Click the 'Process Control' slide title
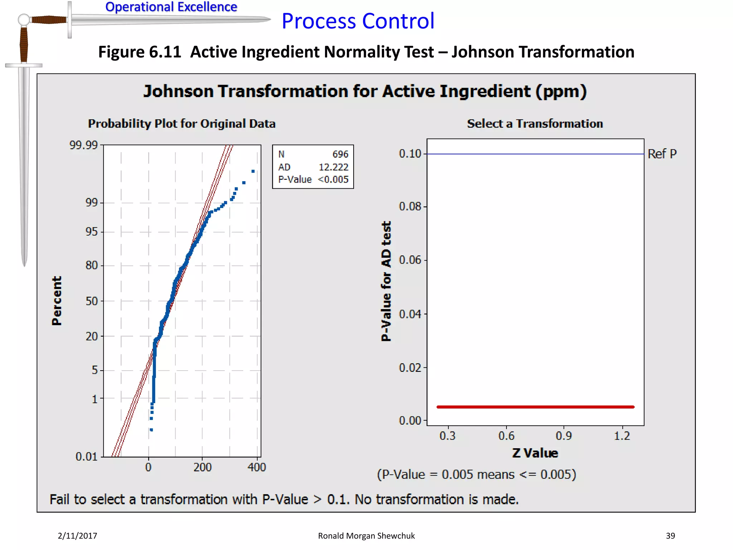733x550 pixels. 358,21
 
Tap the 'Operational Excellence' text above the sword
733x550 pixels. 171,7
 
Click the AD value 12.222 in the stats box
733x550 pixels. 333,167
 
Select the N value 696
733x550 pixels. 340,154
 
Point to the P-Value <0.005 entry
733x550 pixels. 313,179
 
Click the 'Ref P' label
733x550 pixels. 662,154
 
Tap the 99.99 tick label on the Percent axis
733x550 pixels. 83,145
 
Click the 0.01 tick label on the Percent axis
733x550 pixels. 86,457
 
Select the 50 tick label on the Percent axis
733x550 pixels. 91,301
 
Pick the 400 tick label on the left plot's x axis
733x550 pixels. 257,467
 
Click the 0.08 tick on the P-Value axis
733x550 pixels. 410,207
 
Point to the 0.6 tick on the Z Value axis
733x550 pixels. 506,436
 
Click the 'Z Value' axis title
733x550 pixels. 535,453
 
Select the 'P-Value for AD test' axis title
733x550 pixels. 386,281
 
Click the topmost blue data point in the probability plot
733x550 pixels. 253,172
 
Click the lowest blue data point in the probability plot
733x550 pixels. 151,430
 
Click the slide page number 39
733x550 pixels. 670,536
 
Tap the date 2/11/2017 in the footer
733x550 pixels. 77,536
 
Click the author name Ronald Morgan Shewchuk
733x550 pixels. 366,536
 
